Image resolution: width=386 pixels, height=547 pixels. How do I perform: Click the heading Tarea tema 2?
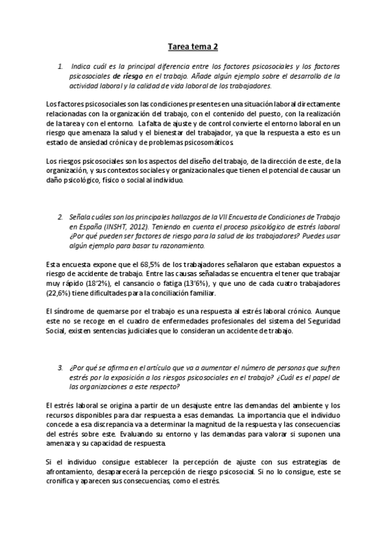pyautogui.click(x=193, y=46)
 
